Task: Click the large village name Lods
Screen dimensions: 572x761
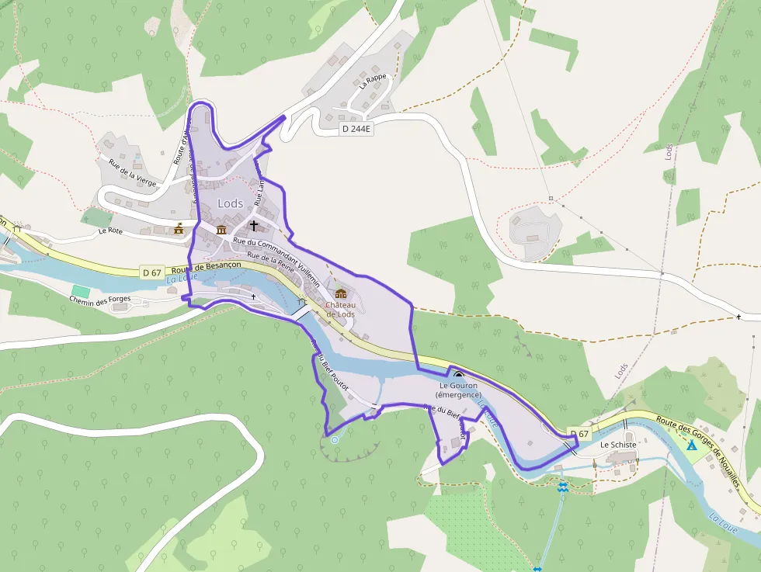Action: click(231, 203)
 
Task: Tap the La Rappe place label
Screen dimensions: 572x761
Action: click(373, 78)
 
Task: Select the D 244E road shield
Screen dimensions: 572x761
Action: click(356, 130)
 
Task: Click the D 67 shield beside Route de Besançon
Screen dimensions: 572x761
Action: click(151, 272)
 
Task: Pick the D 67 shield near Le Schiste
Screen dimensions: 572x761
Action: click(578, 433)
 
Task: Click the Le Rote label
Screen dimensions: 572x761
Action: click(110, 231)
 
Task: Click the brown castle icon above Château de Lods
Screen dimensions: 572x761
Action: click(341, 293)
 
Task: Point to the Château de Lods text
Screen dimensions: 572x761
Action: click(340, 309)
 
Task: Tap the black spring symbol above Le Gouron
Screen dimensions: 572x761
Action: click(458, 375)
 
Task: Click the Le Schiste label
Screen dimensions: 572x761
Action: click(618, 445)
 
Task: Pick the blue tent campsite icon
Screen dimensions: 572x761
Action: click(691, 445)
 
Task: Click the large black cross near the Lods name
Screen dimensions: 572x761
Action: click(253, 226)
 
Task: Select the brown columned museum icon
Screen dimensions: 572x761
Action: click(221, 231)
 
